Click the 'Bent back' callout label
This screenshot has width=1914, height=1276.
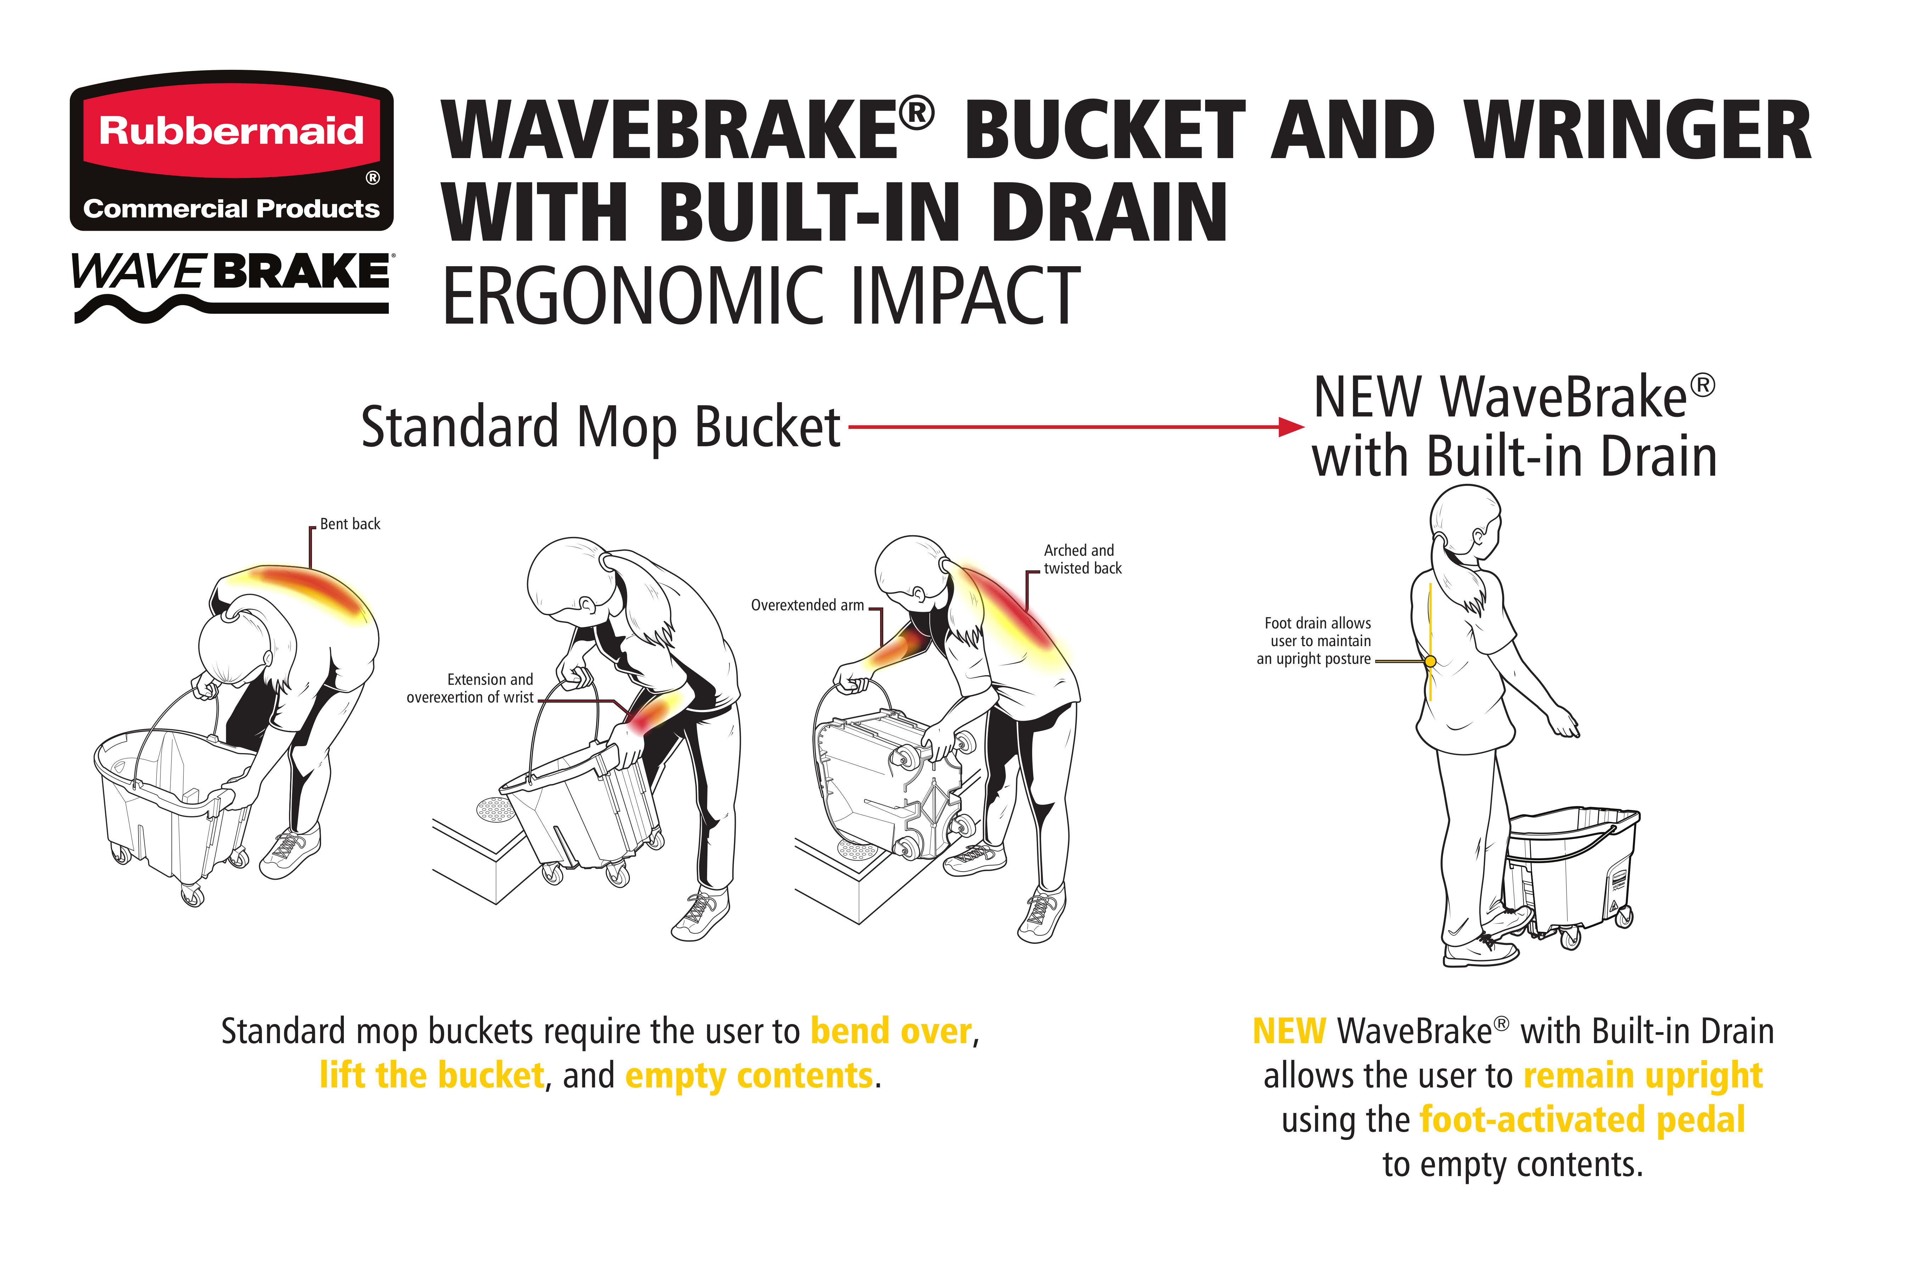pos(350,524)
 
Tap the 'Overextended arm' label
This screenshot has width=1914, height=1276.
pos(807,605)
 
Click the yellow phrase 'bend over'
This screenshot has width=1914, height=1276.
pos(891,1031)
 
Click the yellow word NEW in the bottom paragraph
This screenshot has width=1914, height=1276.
pos(1289,1031)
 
